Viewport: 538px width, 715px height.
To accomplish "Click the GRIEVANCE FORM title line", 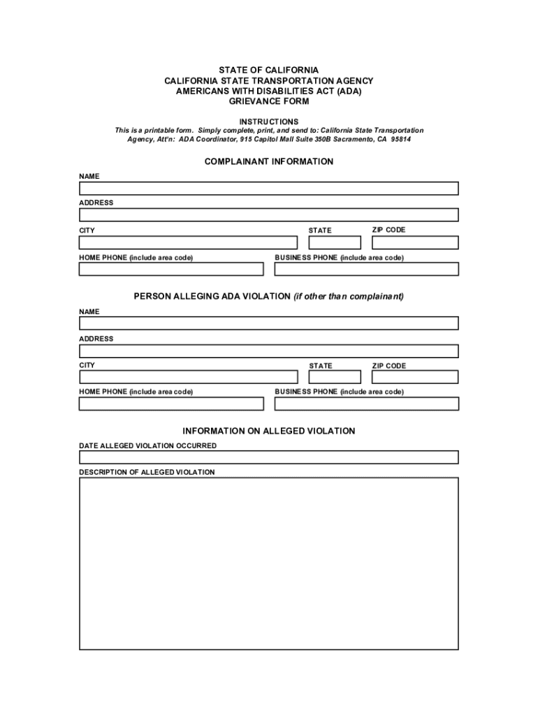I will (x=269, y=101).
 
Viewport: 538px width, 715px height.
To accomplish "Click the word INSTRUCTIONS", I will (x=269, y=121).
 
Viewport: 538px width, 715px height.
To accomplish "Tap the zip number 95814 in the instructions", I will (x=401, y=139).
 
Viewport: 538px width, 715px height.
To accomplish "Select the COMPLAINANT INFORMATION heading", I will (x=269, y=161).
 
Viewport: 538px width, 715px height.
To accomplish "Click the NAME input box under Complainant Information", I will (x=269, y=189).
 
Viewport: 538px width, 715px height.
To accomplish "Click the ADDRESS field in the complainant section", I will (x=269, y=215).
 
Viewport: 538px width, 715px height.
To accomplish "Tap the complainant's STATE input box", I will (x=335, y=242).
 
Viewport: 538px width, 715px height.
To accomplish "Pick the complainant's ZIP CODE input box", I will (x=415, y=242).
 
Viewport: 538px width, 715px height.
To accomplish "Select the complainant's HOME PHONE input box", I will (x=171, y=269).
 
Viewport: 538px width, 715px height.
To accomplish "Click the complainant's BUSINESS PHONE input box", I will (x=367, y=269).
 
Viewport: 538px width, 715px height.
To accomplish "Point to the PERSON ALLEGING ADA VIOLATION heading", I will (x=269, y=296).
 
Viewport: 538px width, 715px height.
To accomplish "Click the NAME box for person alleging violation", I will (x=269, y=323).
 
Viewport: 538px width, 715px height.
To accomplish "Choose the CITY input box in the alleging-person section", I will (x=188, y=377).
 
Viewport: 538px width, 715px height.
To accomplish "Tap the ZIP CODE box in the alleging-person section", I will (x=415, y=377).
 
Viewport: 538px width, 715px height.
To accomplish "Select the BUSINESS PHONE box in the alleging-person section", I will (x=367, y=404).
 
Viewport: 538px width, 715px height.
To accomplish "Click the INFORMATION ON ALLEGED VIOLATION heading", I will (x=269, y=431).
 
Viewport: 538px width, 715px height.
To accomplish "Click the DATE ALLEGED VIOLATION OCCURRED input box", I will (x=269, y=457).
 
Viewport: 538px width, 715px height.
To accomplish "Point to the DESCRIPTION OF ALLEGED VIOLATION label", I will (x=147, y=473).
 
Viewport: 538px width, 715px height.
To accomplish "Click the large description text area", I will (x=269, y=563).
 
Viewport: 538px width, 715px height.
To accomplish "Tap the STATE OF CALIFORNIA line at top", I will (x=269, y=71).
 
